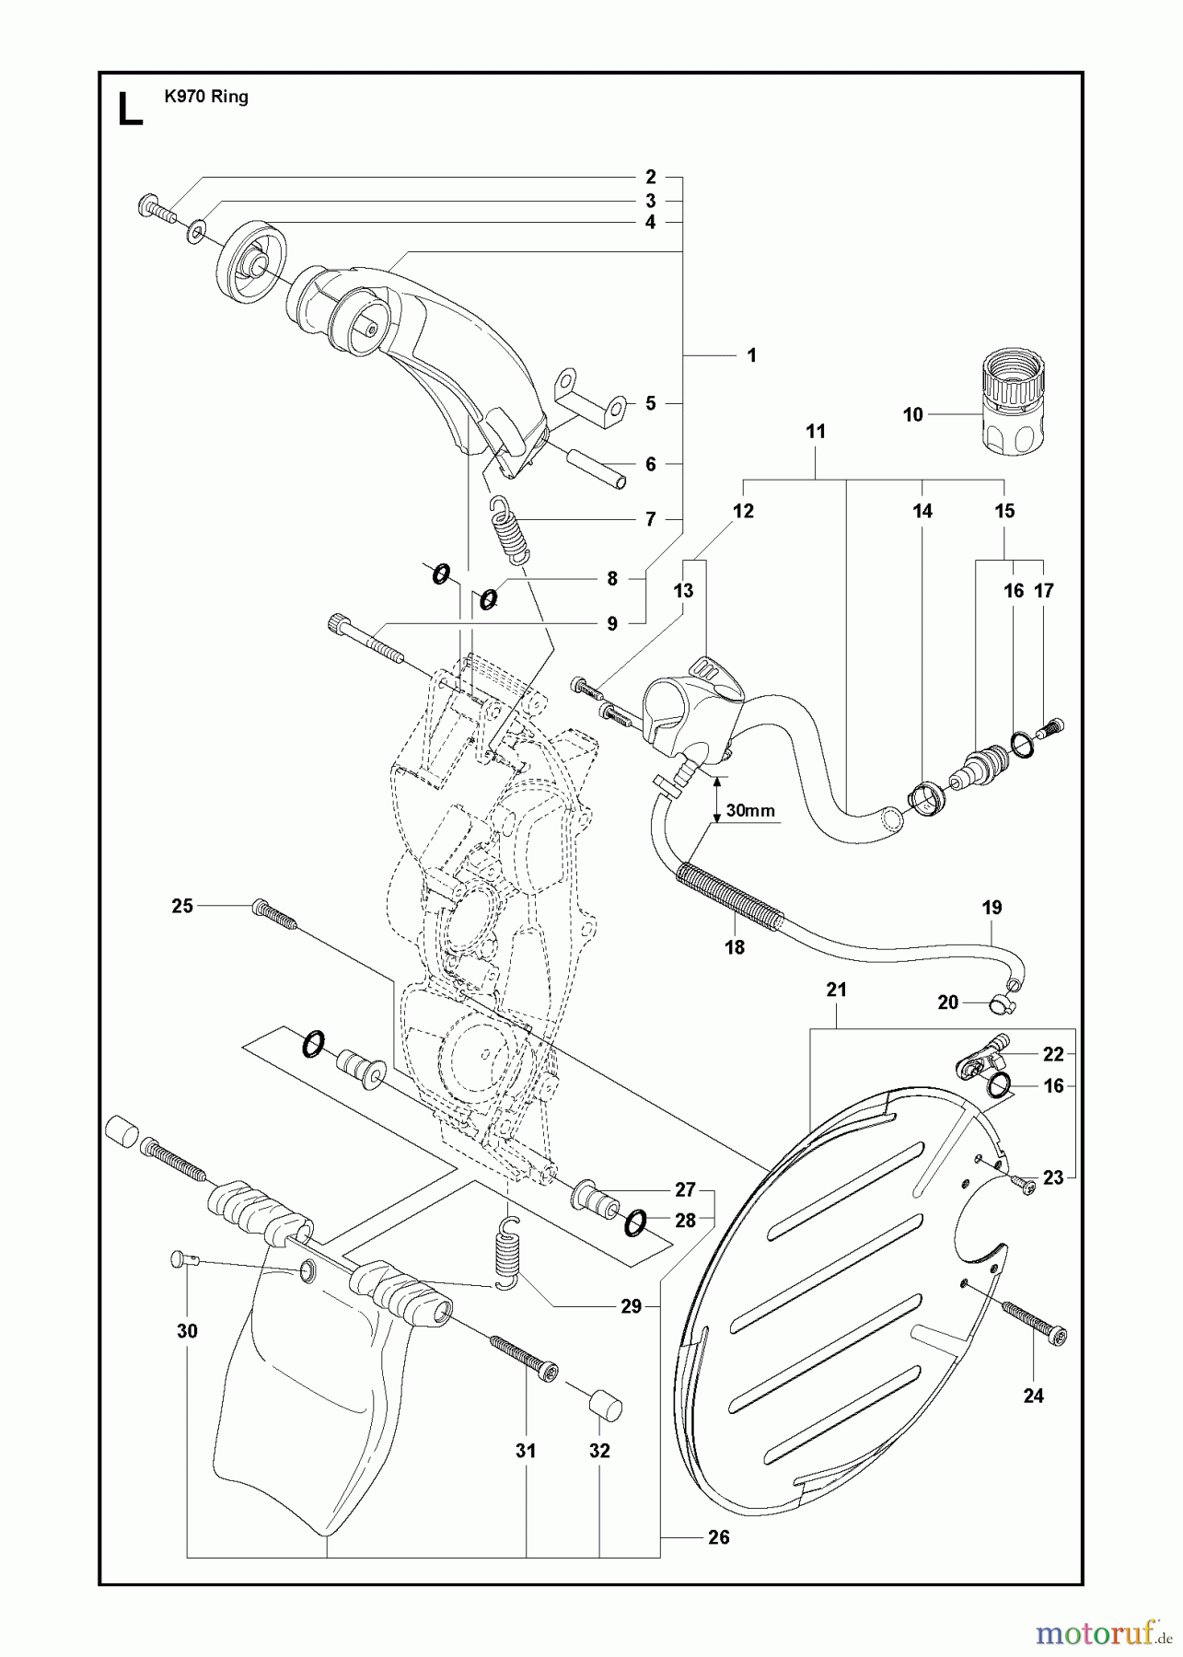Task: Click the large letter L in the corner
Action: pos(131,109)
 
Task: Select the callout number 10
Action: pos(912,415)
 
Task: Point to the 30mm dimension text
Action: pos(750,811)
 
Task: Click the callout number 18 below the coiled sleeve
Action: pos(735,946)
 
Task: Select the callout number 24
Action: pos(1034,1396)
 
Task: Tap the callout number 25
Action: pos(182,906)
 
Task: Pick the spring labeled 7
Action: pos(509,528)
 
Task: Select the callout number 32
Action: pos(599,1451)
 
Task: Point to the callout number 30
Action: pos(188,1331)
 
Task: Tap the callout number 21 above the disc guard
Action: pos(836,991)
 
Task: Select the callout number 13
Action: pos(683,591)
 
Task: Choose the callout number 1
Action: pos(751,355)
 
